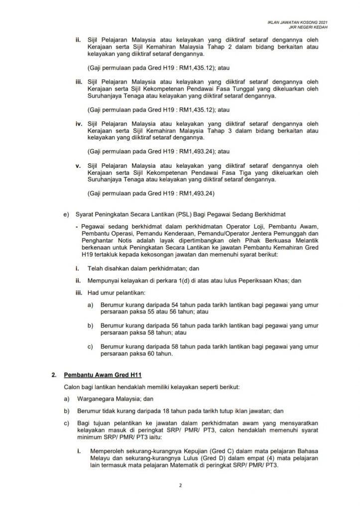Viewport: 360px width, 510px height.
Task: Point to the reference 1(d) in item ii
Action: (176, 281)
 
